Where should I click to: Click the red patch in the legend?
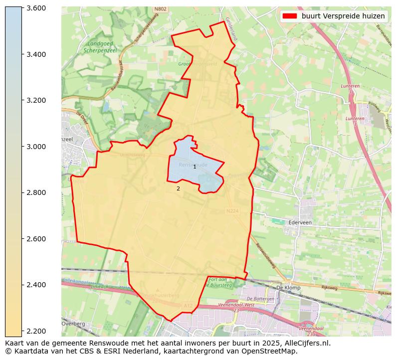pyautogui.click(x=289, y=16)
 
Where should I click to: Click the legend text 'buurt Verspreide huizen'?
pyautogui.click(x=343, y=16)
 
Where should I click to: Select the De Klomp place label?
pyautogui.click(x=287, y=288)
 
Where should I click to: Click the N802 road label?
pyautogui.click(x=161, y=9)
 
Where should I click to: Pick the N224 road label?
pyautogui.click(x=232, y=211)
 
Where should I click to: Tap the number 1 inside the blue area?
pyautogui.click(x=195, y=167)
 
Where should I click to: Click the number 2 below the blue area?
pyautogui.click(x=178, y=189)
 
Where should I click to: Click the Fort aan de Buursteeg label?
pyautogui.click(x=220, y=282)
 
